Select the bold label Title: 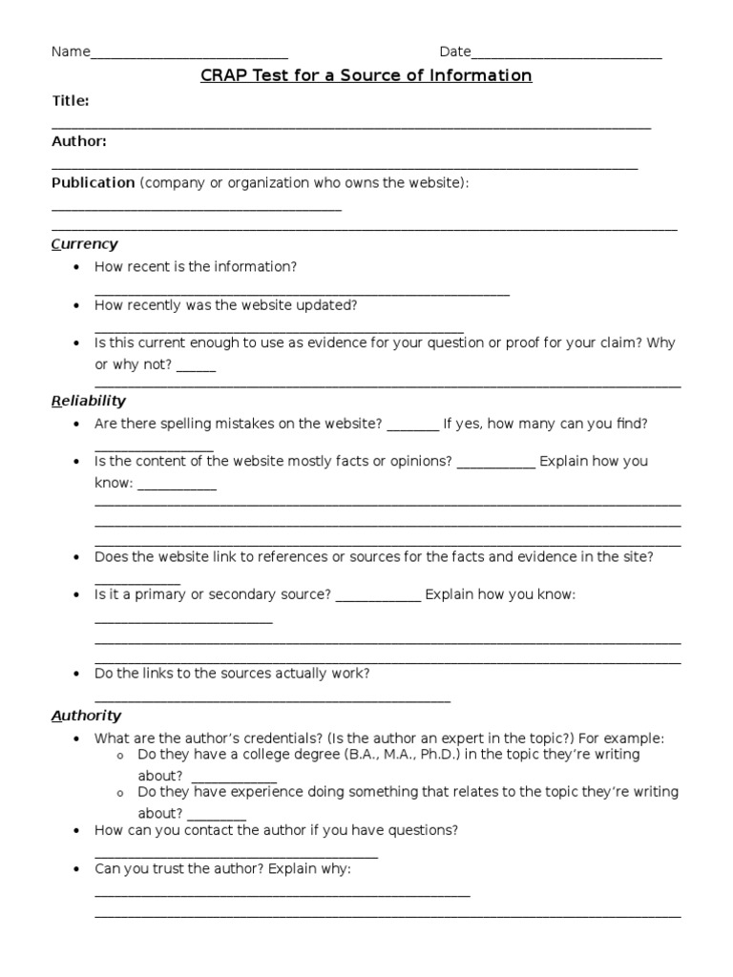71,100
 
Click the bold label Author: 78,141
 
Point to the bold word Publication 93,182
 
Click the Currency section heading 84,244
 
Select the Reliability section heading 88,401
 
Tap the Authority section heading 86,716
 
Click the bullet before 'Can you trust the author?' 75,870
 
